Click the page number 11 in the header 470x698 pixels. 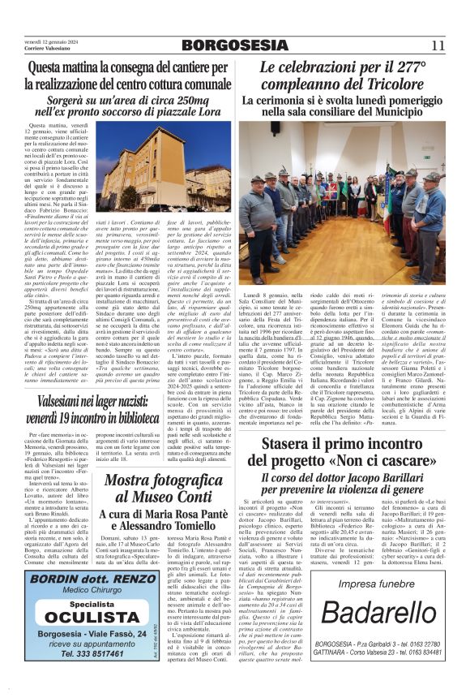pos(438,45)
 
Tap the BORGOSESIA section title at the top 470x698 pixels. pos(235,44)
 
